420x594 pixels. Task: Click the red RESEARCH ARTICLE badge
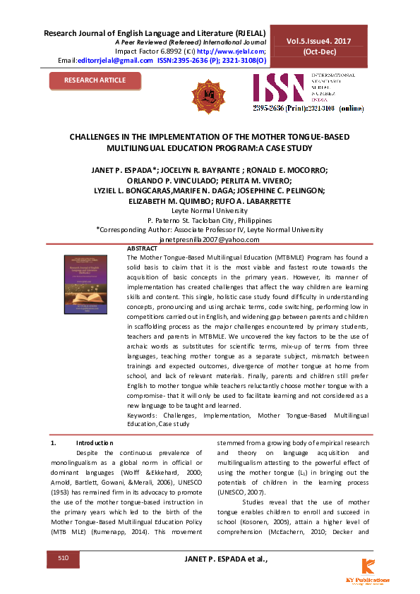click(95, 80)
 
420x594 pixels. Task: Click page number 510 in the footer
click(63, 559)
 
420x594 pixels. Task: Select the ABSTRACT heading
click(141, 250)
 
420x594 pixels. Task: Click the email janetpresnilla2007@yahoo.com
click(209, 240)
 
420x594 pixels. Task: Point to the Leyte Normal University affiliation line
click(209, 210)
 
